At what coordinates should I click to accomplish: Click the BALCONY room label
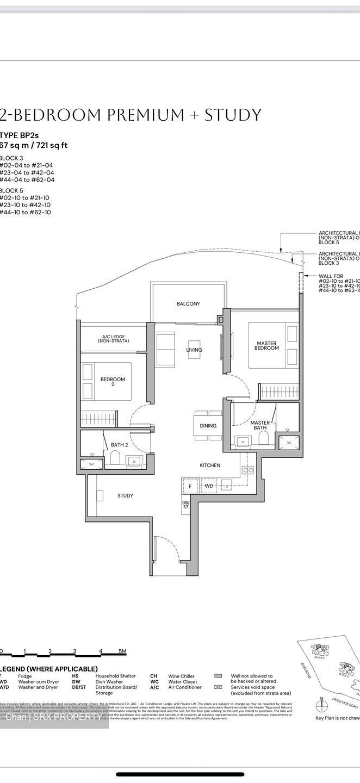click(188, 304)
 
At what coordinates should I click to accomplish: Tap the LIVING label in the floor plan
click(194, 350)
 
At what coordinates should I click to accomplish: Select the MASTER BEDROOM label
click(266, 346)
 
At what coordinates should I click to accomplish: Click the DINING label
click(208, 426)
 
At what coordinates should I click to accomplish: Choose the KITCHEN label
click(210, 465)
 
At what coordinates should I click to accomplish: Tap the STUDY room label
click(125, 496)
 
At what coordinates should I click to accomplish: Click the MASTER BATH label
click(260, 426)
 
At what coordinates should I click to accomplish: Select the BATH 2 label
click(119, 445)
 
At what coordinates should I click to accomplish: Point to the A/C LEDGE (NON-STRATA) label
click(114, 339)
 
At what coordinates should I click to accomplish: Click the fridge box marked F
click(190, 486)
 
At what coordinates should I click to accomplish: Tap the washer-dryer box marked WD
click(209, 486)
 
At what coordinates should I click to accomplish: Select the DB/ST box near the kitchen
click(185, 506)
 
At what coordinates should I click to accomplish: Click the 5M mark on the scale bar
click(123, 651)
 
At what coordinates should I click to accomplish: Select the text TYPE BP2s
click(20, 135)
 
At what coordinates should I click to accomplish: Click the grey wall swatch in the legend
click(218, 676)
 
